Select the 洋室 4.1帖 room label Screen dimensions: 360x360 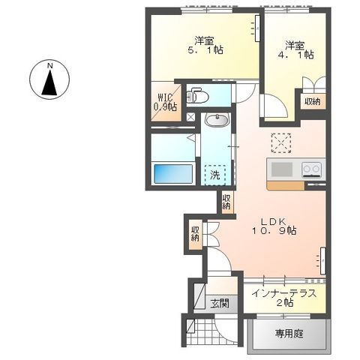[x=298, y=49]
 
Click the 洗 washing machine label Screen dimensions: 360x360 [x=215, y=175]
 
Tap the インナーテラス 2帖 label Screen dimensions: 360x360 [x=283, y=298]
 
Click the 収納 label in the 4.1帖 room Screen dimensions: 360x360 [x=312, y=101]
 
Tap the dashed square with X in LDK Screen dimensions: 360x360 [x=280, y=142]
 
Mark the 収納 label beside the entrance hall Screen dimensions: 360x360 [x=195, y=234]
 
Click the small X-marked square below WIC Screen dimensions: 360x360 [x=191, y=118]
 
